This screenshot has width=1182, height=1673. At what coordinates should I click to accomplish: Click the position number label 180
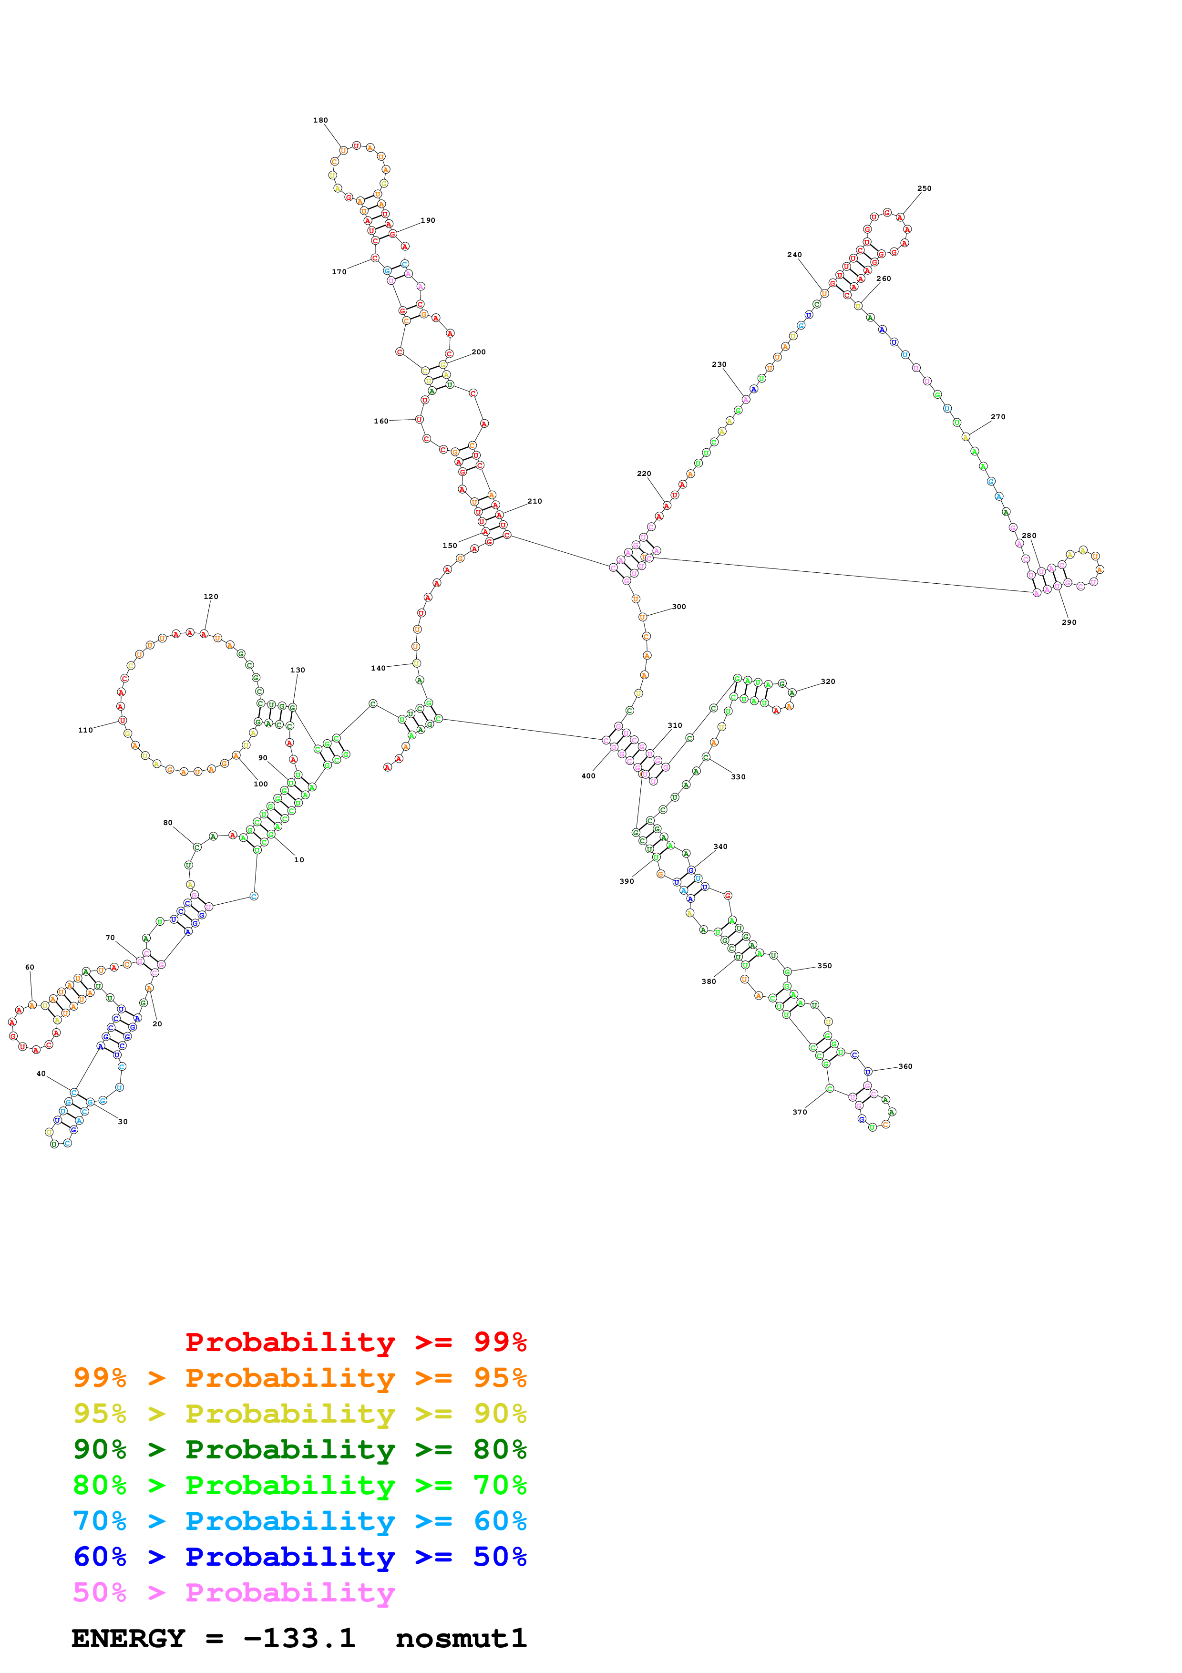pos(320,120)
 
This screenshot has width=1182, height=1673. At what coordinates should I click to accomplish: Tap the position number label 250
pos(924,188)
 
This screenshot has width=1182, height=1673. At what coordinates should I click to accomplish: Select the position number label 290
pos(1069,622)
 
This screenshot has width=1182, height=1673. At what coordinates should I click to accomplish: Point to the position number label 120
pos(210,596)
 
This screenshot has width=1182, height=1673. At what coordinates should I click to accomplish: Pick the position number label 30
pos(123,1121)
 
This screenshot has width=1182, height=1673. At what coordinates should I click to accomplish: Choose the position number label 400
pos(588,776)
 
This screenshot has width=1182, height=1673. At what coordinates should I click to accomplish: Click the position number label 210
pos(534,501)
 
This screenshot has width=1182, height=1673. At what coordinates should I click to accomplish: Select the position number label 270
pos(998,417)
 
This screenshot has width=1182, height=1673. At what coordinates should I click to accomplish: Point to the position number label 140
pos(378,668)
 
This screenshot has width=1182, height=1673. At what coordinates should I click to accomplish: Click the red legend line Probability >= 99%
pos(355,1342)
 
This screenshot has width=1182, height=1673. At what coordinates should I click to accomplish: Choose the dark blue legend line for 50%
pos(299,1557)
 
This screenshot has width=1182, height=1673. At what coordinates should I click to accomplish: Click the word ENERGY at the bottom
pos(128,1638)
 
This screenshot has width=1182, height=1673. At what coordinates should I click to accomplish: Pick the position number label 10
pos(298,860)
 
